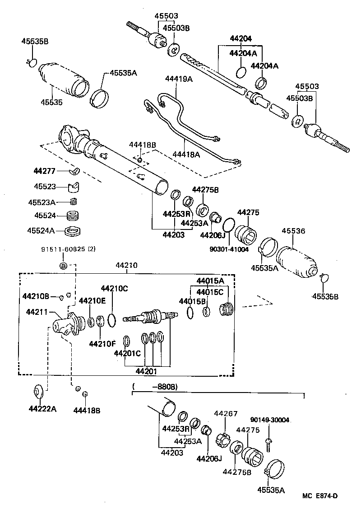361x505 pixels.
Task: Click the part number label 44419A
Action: (x=179, y=79)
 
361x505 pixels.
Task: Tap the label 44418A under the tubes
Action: (x=186, y=154)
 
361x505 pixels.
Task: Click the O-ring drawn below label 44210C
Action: (x=112, y=320)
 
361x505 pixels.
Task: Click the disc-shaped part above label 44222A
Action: (x=38, y=390)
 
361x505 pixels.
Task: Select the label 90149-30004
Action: (x=270, y=420)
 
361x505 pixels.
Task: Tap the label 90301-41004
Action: (x=229, y=249)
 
